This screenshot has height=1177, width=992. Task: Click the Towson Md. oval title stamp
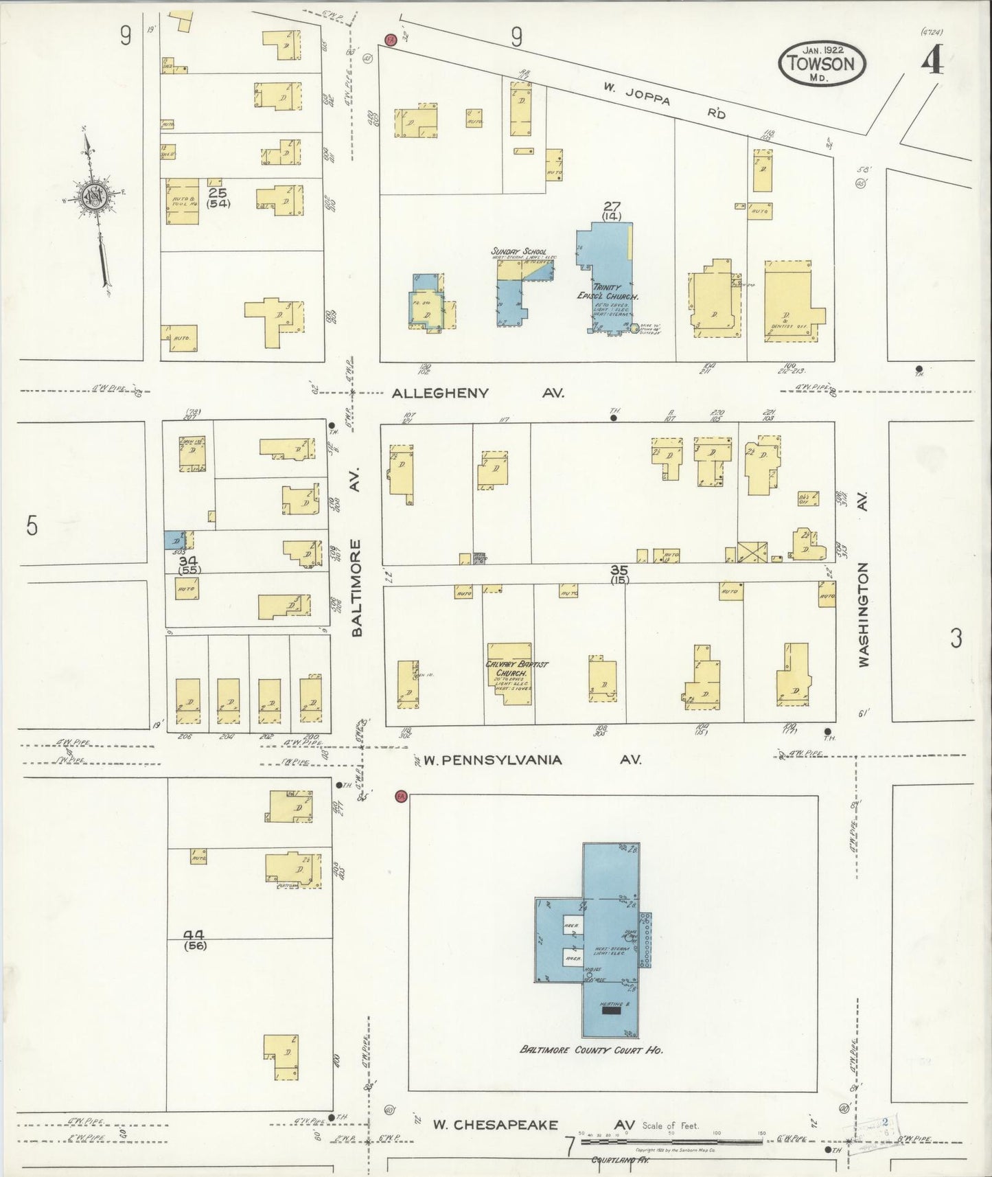point(822,63)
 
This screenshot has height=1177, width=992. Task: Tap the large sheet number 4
point(932,62)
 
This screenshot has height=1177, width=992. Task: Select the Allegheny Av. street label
point(478,393)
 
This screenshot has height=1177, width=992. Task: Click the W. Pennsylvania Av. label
point(532,760)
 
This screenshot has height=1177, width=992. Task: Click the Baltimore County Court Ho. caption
point(591,1050)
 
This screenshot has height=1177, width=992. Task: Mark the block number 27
point(611,205)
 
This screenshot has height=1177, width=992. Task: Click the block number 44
point(196,935)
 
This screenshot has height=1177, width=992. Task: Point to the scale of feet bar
point(672,1142)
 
